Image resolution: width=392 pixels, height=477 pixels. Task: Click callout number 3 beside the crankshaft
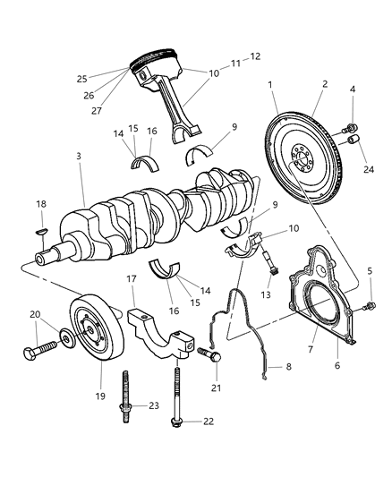pos(79,156)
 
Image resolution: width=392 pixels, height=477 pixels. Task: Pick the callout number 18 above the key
pos(41,205)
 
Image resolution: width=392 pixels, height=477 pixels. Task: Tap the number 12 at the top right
pos(255,56)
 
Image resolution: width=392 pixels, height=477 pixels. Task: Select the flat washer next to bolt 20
pos(64,340)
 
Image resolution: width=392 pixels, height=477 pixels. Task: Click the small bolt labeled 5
pos(368,309)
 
